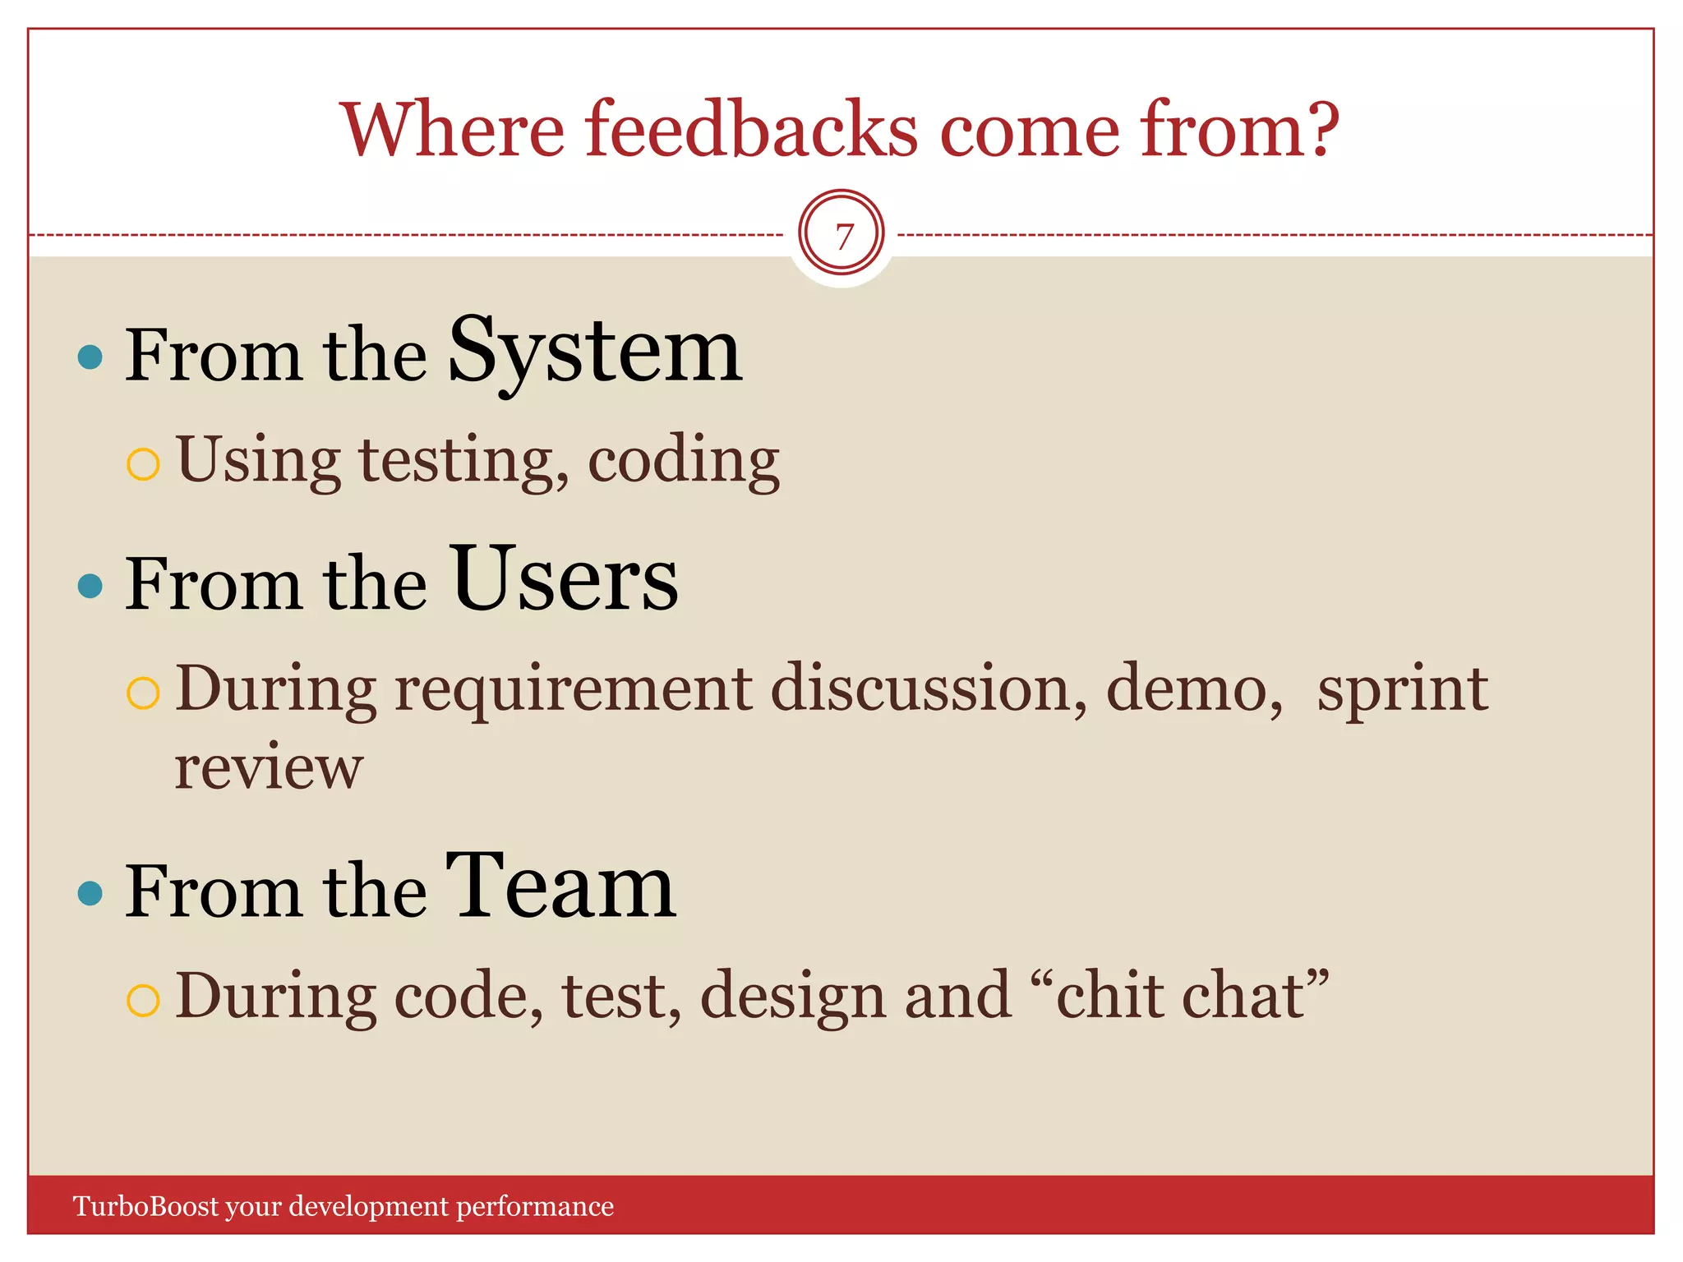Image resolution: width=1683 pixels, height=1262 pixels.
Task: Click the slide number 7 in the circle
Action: (x=842, y=237)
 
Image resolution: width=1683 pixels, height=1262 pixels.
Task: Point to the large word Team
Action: (x=560, y=887)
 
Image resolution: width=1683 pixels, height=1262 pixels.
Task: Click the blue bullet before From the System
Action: (x=90, y=357)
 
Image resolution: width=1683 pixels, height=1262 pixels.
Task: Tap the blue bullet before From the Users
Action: (x=90, y=586)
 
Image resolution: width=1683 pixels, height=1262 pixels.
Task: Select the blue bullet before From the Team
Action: (x=90, y=893)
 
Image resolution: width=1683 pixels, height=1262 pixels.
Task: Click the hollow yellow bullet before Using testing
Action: (x=143, y=464)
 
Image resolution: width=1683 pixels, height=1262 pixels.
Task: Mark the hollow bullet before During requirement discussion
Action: (x=143, y=693)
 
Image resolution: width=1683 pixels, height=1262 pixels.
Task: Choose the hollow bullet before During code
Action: (x=143, y=1001)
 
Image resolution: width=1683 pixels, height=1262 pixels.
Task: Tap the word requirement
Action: (x=573, y=689)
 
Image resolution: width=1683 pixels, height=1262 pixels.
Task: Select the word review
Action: (x=269, y=767)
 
